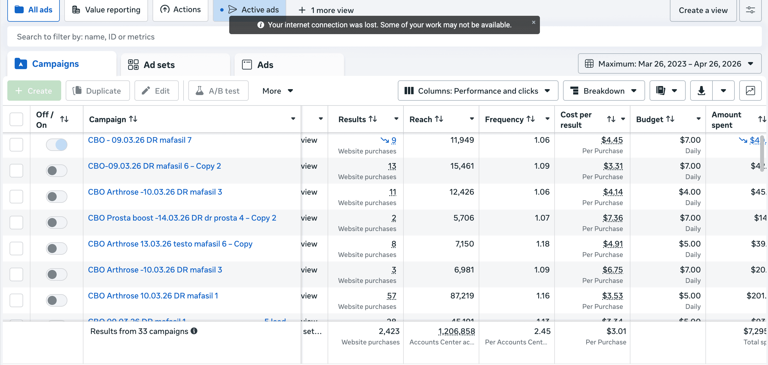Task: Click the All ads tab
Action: coord(33,10)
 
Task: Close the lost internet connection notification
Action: coord(533,22)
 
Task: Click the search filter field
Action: coord(119,37)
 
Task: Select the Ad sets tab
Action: coord(159,65)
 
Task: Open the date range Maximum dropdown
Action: coord(669,64)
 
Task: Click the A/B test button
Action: coord(218,91)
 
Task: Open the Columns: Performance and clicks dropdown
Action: coord(478,91)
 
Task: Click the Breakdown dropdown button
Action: coord(603,91)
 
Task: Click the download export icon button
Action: coord(701,91)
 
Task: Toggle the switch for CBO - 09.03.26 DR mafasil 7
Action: coord(57,145)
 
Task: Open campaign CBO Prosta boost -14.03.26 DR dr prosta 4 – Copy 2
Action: coord(182,218)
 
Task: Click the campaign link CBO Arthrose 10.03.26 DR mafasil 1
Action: coord(153,296)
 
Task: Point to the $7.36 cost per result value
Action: coord(613,218)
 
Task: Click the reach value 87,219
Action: coord(462,296)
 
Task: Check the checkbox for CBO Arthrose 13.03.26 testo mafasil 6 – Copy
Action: coord(16,249)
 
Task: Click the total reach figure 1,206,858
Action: coord(456,331)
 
